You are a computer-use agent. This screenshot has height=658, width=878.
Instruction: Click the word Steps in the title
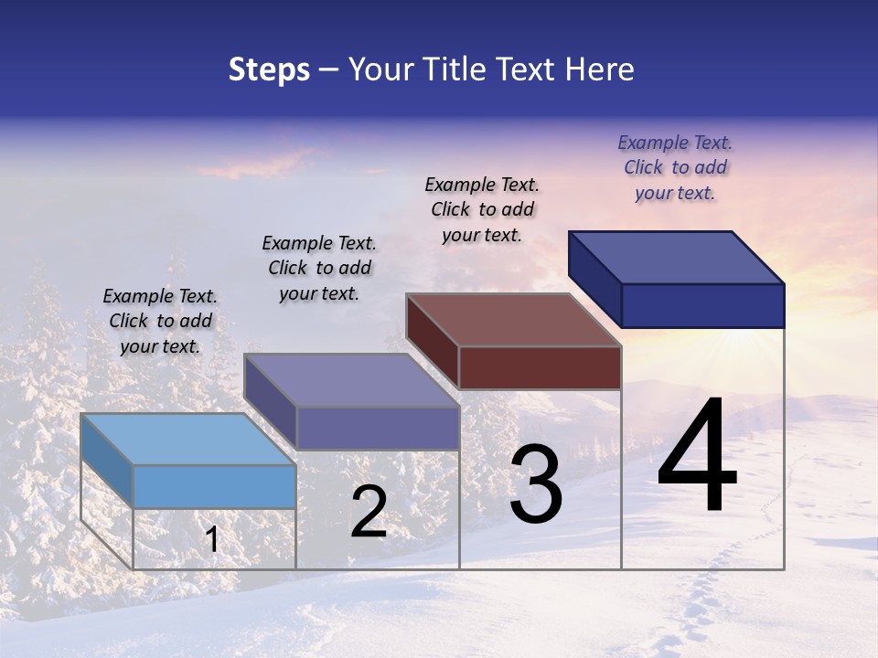pyautogui.click(x=269, y=69)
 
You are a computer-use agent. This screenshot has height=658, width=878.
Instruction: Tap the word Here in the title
pyautogui.click(x=600, y=69)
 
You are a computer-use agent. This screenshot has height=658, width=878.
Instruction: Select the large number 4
pyautogui.click(x=697, y=457)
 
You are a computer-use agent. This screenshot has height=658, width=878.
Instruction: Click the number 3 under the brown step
pyautogui.click(x=536, y=485)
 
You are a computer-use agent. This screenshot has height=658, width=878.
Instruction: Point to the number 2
pyautogui.click(x=369, y=513)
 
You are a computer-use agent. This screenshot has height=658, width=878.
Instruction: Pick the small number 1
pyautogui.click(x=212, y=540)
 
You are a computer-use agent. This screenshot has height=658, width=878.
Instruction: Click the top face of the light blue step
pyautogui.click(x=187, y=440)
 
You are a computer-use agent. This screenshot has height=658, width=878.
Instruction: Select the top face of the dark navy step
pyautogui.click(x=677, y=258)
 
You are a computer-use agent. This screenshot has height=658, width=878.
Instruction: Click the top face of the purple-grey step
pyautogui.click(x=351, y=380)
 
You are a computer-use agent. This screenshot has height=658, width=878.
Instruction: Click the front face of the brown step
pyautogui.click(x=540, y=367)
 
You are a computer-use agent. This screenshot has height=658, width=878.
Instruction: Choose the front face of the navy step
pyautogui.click(x=702, y=305)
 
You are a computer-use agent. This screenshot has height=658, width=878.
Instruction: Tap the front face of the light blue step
pyautogui.click(x=214, y=486)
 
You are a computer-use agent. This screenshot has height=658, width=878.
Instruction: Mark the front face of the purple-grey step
pyautogui.click(x=378, y=428)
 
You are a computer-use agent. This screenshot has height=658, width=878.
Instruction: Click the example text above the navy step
pyautogui.click(x=675, y=168)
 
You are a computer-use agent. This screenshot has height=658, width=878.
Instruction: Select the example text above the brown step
pyautogui.click(x=482, y=209)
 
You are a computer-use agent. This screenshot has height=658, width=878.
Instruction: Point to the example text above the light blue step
pyautogui.click(x=160, y=321)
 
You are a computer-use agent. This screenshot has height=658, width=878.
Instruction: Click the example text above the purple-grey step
pyautogui.click(x=319, y=268)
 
